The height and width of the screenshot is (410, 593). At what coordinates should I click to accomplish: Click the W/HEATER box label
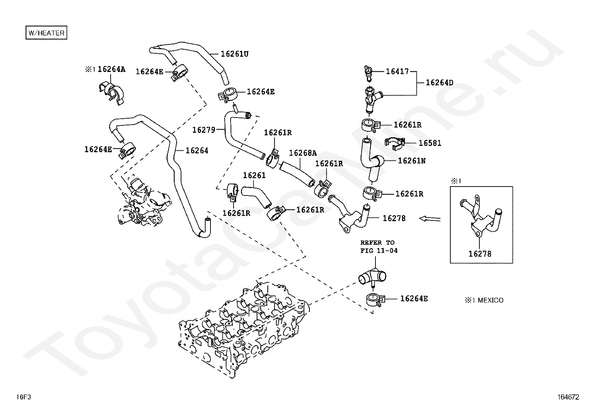[46, 32]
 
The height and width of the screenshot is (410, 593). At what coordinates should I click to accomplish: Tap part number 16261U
[235, 54]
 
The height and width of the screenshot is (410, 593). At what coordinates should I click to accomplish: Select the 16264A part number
[111, 69]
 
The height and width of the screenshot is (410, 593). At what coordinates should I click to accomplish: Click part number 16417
[397, 71]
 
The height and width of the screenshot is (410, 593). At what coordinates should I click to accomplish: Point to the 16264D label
[440, 82]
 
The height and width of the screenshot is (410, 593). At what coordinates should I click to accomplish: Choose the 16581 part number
[430, 143]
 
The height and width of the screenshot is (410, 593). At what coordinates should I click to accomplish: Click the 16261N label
[412, 161]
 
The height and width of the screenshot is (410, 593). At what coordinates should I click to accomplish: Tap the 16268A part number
[302, 153]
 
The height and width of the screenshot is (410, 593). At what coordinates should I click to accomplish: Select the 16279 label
[204, 130]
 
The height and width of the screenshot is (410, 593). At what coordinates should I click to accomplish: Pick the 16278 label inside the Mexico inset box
[480, 254]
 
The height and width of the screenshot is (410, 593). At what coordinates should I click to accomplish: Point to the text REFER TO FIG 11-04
[379, 247]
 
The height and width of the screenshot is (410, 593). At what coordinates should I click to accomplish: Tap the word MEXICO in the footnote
[491, 300]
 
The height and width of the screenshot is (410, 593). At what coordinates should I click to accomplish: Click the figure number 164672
[568, 397]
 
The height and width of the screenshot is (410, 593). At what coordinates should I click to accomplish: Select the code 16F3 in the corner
[23, 397]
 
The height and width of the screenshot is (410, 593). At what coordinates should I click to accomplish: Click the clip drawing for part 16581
[395, 144]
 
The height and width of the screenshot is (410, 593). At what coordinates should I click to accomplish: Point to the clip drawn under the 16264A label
[112, 93]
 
